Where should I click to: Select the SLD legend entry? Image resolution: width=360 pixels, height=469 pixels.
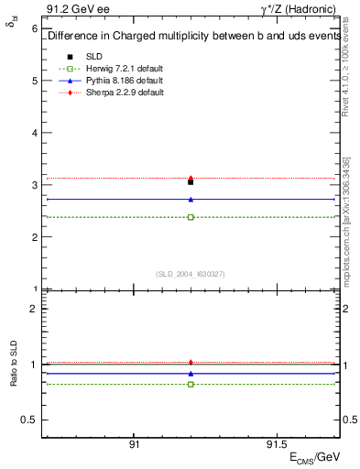point(94,57)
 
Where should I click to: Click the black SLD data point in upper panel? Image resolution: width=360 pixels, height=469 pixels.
point(191,182)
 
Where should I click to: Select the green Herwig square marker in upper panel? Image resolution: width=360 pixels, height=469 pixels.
point(191,217)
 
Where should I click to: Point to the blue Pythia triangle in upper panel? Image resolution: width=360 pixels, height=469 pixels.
point(191,199)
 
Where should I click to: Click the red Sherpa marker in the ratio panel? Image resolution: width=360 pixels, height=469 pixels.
point(191,363)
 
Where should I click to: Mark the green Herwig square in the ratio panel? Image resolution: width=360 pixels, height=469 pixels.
point(191,384)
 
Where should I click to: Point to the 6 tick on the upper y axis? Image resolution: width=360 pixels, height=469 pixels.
point(35,28)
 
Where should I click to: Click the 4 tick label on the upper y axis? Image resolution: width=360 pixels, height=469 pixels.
point(35,133)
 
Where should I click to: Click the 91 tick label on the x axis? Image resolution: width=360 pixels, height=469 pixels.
point(134,442)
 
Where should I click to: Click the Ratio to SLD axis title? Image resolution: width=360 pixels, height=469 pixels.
point(13,365)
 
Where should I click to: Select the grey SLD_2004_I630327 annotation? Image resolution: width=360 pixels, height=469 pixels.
point(191,273)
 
